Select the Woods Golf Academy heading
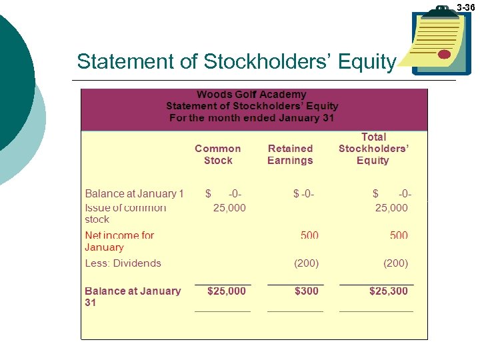point(251,95)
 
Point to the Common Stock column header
point(218,154)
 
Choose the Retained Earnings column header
point(290,154)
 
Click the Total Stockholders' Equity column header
point(373,149)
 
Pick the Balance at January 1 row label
point(134,194)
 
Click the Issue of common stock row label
point(125,213)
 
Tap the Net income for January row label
point(119,241)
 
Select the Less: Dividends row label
point(123,263)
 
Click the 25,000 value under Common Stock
point(229,208)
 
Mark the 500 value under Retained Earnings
point(309,235)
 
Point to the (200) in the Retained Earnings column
point(307,263)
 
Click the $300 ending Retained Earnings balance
point(305,291)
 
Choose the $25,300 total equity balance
point(389,291)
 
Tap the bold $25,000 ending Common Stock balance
point(227,291)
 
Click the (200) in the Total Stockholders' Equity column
point(396,263)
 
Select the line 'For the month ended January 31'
point(252,118)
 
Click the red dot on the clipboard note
point(445,54)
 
